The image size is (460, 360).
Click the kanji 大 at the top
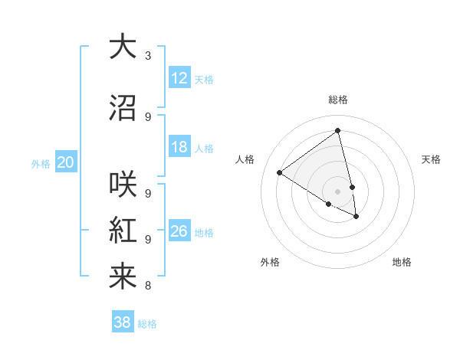point(123,47)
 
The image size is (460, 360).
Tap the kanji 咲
point(123,185)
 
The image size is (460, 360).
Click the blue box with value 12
point(179,78)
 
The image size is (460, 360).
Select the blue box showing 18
point(179,147)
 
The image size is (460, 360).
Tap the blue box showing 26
point(179,231)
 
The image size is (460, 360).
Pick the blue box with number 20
point(66,162)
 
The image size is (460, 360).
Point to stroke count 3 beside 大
point(148,55)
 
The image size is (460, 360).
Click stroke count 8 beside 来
point(148,286)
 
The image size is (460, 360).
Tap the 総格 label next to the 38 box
point(147,324)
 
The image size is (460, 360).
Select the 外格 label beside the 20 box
point(41,163)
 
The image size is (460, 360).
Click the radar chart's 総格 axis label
point(337,100)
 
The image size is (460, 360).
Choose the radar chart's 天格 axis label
point(431,159)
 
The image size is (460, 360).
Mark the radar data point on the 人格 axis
point(279,172)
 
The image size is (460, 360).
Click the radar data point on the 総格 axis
point(337,131)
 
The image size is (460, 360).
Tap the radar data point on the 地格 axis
point(356,217)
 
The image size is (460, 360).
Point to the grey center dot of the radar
point(337,191)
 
